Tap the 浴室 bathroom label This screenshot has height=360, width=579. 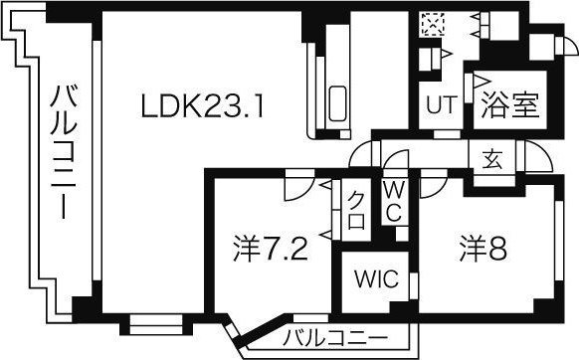click(509, 105)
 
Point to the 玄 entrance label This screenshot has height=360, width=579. click(492, 159)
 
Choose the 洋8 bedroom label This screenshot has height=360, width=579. click(483, 246)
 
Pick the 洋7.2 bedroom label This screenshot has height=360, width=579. click(269, 246)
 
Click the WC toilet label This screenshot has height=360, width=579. click(393, 201)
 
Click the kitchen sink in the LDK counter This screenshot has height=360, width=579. click(336, 102)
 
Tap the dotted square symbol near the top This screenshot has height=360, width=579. click(432, 22)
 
